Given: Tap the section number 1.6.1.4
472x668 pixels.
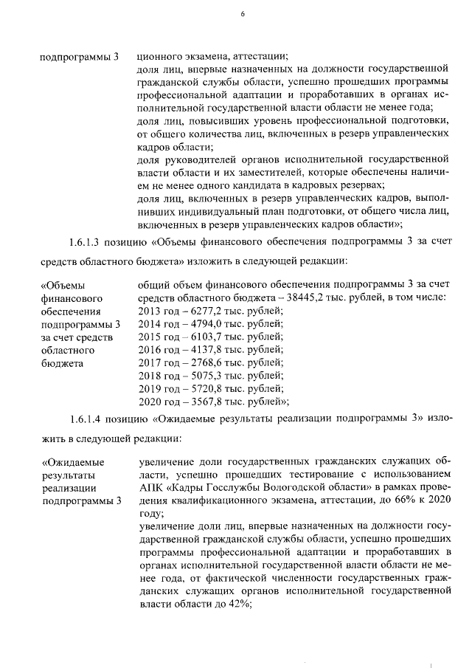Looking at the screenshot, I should (88, 420).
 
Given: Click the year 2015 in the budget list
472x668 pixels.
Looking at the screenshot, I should (150, 337).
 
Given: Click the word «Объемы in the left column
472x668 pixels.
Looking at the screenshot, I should (63, 284).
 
